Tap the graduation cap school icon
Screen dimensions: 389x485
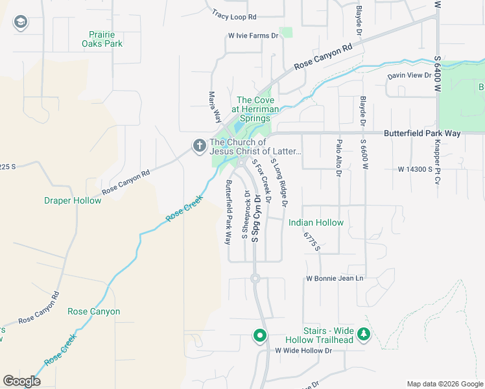pos(21,23)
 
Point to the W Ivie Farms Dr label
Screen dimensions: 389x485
pos(252,36)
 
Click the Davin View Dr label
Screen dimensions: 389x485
pos(409,76)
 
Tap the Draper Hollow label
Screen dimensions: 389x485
pos(73,200)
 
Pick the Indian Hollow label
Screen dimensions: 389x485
pos(316,222)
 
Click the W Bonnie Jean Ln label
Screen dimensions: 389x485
pos(335,279)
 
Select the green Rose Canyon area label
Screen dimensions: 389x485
pos(93,311)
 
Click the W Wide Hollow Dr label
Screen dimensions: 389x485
pos(303,351)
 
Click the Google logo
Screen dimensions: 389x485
pos(21,381)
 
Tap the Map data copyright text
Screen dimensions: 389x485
pos(445,383)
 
